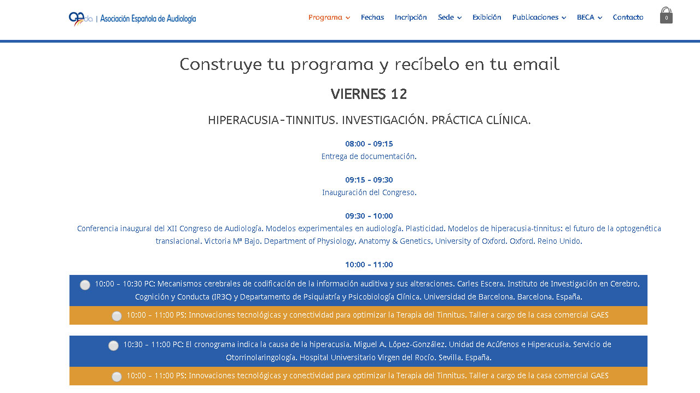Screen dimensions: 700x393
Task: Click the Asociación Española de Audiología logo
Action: (132, 19)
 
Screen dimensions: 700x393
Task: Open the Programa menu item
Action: (329, 17)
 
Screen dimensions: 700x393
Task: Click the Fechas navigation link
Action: (372, 17)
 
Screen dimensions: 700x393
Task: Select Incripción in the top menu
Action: (411, 17)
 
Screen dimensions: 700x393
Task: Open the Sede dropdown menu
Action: (450, 17)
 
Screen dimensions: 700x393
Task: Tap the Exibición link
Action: (487, 17)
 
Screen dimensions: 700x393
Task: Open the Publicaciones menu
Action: (539, 17)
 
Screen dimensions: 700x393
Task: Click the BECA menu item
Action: (590, 17)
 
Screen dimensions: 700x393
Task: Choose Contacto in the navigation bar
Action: (628, 17)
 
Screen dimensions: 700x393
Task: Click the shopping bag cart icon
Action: (666, 15)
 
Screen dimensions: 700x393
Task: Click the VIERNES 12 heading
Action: (369, 94)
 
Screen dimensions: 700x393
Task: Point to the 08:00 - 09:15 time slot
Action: (369, 144)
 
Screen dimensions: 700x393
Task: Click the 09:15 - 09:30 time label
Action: (369, 180)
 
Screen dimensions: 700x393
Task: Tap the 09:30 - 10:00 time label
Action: (369, 216)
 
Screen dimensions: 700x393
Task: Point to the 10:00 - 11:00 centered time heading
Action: (369, 265)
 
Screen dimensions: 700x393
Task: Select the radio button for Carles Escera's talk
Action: (85, 285)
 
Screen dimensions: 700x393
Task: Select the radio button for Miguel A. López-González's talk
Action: (113, 345)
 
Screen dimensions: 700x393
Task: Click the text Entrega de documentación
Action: (369, 156)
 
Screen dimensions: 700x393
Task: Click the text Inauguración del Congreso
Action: (369, 192)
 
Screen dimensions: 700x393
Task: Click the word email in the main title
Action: (536, 64)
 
